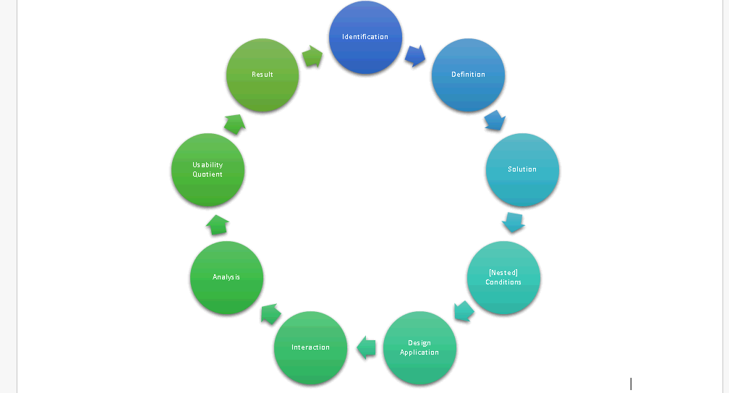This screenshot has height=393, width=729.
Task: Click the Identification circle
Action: (365, 37)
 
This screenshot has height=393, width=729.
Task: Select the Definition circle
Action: (468, 75)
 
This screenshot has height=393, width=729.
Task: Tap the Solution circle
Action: (522, 169)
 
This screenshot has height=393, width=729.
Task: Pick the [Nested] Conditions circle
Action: (503, 277)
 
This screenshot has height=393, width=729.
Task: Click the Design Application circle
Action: (419, 347)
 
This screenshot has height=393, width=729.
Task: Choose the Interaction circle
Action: (310, 347)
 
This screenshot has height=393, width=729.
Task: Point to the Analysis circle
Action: (226, 277)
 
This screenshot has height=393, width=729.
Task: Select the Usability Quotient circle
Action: (208, 169)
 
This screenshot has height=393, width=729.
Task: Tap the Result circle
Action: (263, 75)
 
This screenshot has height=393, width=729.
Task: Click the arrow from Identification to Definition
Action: (415, 55)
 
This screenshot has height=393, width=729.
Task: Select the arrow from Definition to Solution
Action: (494, 120)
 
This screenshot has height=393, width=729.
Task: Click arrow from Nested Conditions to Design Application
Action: (464, 311)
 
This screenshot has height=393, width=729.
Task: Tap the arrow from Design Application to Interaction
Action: (367, 347)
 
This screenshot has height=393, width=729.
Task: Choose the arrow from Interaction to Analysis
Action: (270, 313)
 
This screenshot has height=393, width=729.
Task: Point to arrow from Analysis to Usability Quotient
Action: (218, 224)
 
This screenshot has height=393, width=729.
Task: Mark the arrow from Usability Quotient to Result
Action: (234, 123)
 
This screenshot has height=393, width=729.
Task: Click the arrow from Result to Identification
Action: (312, 56)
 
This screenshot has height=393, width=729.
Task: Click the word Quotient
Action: (208, 174)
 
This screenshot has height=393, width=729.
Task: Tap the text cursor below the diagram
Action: (631, 384)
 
